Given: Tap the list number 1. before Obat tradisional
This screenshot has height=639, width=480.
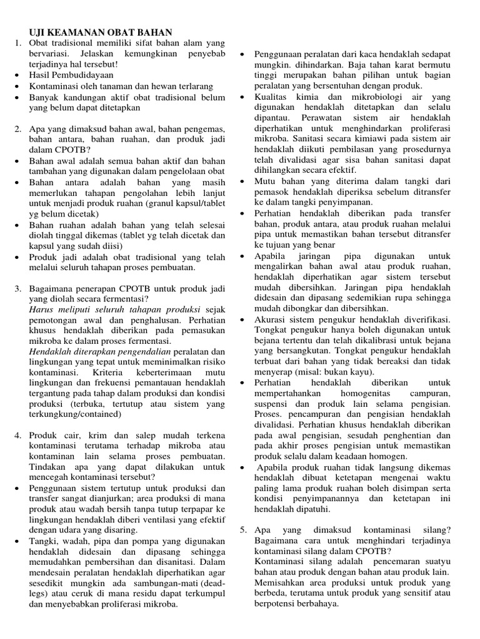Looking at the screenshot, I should tap(18, 42).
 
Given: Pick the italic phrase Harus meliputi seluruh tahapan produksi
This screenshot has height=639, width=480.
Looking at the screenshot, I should tap(114, 310).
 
